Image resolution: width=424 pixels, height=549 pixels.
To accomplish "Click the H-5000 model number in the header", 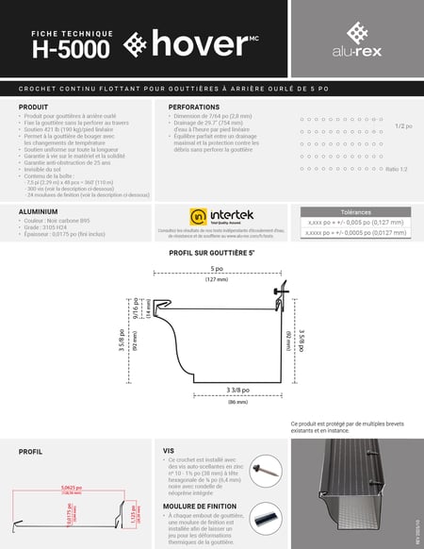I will tap(71, 47).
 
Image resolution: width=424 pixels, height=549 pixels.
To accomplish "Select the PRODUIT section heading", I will tap(34, 108).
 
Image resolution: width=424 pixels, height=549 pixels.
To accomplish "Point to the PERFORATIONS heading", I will tap(194, 108).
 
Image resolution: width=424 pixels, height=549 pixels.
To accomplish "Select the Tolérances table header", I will tap(355, 212).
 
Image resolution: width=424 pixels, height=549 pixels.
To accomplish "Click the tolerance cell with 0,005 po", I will tap(355, 224).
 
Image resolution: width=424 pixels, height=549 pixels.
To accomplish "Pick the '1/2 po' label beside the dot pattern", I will tap(402, 125).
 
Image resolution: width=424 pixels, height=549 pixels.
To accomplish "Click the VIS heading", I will tap(169, 451).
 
